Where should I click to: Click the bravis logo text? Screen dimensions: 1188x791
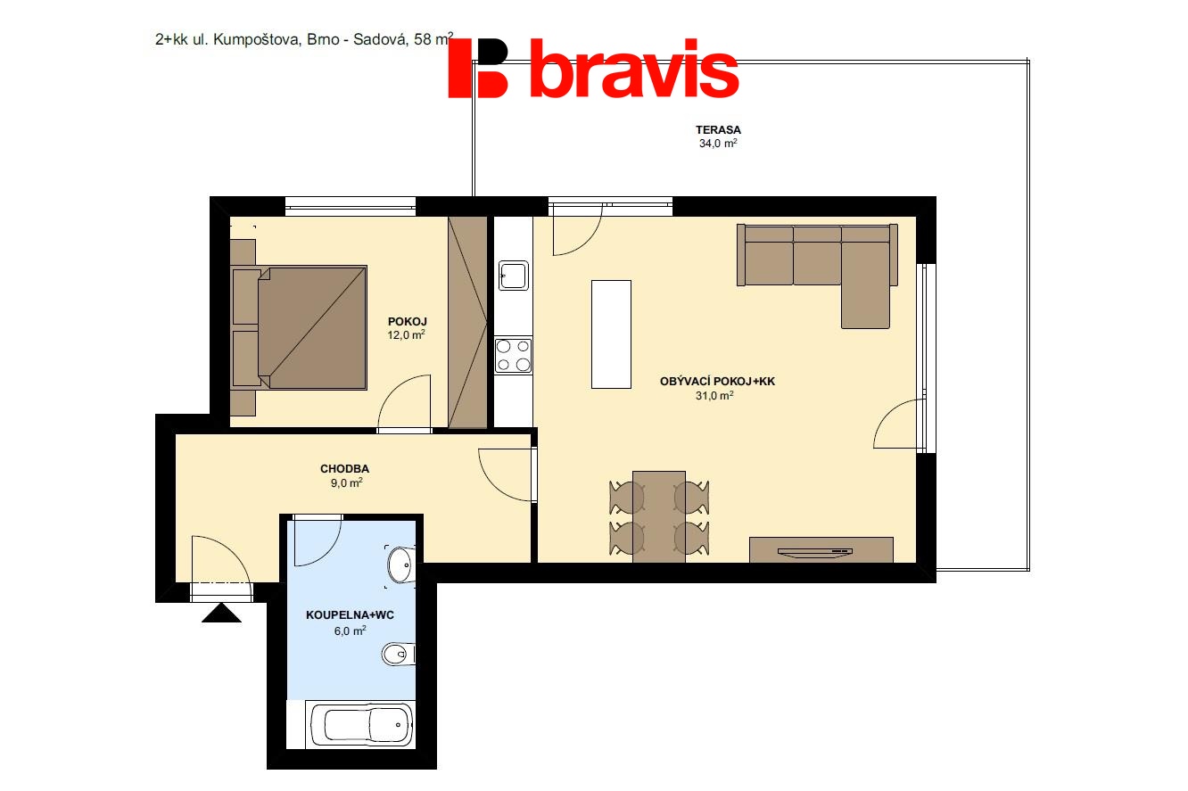click(x=634, y=68)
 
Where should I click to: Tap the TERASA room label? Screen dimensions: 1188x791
click(x=718, y=130)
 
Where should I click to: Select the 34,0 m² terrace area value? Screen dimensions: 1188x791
click(x=718, y=144)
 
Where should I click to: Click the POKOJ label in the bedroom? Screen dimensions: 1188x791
click(x=408, y=321)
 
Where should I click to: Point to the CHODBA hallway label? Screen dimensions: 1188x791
click(x=345, y=469)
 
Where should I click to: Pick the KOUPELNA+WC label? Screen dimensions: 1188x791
click(x=350, y=615)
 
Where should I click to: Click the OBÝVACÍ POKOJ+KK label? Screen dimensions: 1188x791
click(x=718, y=381)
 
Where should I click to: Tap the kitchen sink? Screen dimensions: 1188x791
click(x=514, y=276)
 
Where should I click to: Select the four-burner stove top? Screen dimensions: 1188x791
click(x=514, y=355)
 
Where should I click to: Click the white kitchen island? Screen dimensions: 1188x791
click(x=611, y=334)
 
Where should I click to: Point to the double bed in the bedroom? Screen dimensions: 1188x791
click(x=300, y=327)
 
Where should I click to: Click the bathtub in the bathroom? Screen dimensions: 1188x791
click(x=360, y=725)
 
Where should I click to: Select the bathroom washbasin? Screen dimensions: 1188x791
click(x=401, y=565)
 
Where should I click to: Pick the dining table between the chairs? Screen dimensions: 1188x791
click(x=659, y=516)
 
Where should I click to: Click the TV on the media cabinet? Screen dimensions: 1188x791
click(x=814, y=553)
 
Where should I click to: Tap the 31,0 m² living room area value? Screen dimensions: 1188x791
click(x=714, y=396)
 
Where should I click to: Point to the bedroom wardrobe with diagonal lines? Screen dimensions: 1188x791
click(x=467, y=322)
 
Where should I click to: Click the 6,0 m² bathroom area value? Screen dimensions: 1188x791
click(x=350, y=630)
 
